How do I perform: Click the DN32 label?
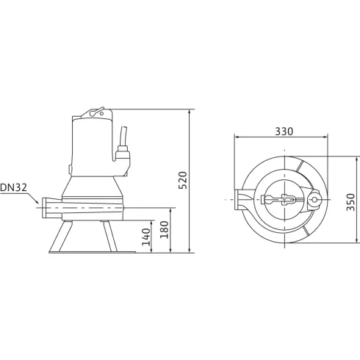15,187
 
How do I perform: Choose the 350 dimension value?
351,201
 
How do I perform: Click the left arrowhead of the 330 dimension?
236,137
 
